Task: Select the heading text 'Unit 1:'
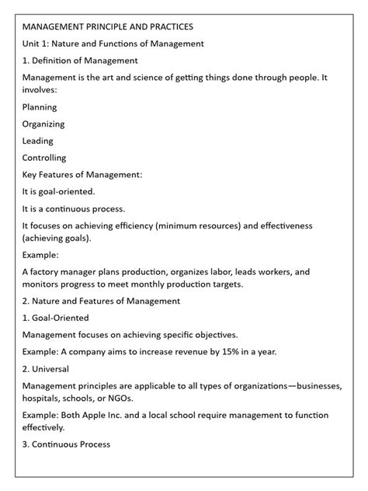click(x=38, y=44)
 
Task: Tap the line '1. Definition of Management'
click(x=80, y=60)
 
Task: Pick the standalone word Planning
click(x=40, y=107)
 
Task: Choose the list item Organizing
click(x=43, y=124)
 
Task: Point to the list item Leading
click(x=38, y=141)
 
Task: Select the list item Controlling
click(x=44, y=158)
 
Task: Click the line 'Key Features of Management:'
click(x=82, y=175)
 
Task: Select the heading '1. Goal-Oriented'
click(x=56, y=318)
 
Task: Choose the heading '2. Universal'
click(x=46, y=368)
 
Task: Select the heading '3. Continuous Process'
click(x=66, y=444)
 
